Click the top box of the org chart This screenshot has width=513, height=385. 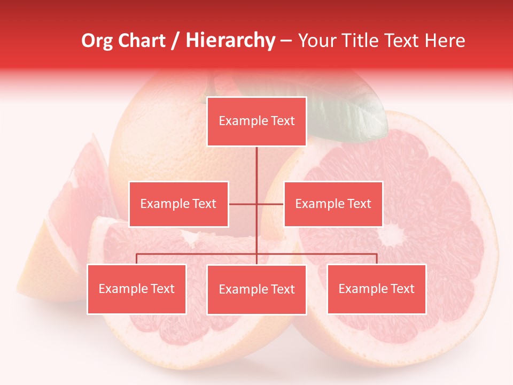256,121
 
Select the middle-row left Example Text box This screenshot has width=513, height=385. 178,204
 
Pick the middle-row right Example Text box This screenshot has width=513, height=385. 333,204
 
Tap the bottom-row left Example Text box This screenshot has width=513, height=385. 137,289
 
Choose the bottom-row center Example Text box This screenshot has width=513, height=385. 256,289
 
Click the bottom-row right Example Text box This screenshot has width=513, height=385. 376,289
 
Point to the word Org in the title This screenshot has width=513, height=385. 97,41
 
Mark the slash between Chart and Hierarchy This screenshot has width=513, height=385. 175,41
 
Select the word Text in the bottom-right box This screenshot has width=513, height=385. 402,289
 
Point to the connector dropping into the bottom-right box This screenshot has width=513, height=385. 376,259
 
